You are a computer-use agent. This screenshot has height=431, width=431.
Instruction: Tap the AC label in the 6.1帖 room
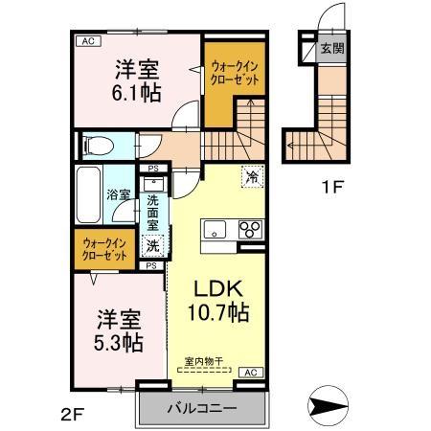click(x=87, y=41)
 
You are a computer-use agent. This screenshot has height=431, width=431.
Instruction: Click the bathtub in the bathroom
click(x=85, y=197)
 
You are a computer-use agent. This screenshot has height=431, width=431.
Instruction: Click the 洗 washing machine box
click(x=153, y=245)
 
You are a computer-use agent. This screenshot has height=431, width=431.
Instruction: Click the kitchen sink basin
click(x=212, y=230)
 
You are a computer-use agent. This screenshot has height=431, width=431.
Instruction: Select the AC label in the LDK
click(x=249, y=372)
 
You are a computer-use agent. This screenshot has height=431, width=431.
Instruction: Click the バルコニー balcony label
click(x=202, y=406)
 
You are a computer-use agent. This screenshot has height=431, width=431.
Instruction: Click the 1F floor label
click(x=330, y=188)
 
